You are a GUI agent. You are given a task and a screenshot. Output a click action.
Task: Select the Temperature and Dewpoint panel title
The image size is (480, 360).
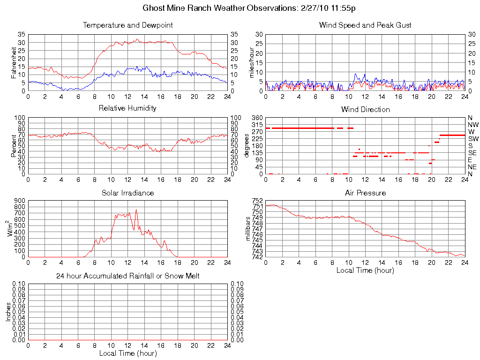coord(127,25)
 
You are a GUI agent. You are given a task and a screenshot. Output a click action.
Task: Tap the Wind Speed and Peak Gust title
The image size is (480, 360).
coord(365,25)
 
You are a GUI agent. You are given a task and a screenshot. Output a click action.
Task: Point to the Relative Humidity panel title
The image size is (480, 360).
coord(127,108)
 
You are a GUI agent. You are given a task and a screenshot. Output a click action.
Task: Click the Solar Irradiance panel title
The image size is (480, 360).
coord(127,193)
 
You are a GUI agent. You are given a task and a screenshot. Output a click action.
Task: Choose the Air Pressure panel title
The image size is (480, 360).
coord(365,193)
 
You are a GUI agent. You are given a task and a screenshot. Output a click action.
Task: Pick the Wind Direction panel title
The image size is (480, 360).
coord(365,109)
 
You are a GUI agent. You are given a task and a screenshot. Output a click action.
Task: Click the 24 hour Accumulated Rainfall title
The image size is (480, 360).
coord(127,276)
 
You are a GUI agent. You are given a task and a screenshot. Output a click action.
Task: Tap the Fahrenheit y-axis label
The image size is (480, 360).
coord(14,62)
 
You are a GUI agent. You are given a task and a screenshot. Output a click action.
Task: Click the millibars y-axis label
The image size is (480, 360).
coord(249,228)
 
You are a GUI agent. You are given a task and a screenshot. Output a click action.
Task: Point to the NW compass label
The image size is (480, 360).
coord(473,125)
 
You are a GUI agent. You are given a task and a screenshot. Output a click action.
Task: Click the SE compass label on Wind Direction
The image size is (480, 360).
coord(472,153)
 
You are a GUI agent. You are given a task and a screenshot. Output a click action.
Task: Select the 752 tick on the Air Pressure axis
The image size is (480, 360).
coord(258,201)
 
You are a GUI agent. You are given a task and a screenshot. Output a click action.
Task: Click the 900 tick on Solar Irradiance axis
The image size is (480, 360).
coord(19,201)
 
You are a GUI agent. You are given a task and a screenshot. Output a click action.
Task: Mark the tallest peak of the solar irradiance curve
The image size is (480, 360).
coord(136,210)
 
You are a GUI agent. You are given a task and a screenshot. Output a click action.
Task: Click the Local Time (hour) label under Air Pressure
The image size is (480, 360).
coord(365,270)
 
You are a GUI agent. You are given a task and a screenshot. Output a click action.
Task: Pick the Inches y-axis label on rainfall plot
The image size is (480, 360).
coord(8,312)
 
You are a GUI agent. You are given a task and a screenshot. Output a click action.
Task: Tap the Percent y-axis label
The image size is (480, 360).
coord(14,145)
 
